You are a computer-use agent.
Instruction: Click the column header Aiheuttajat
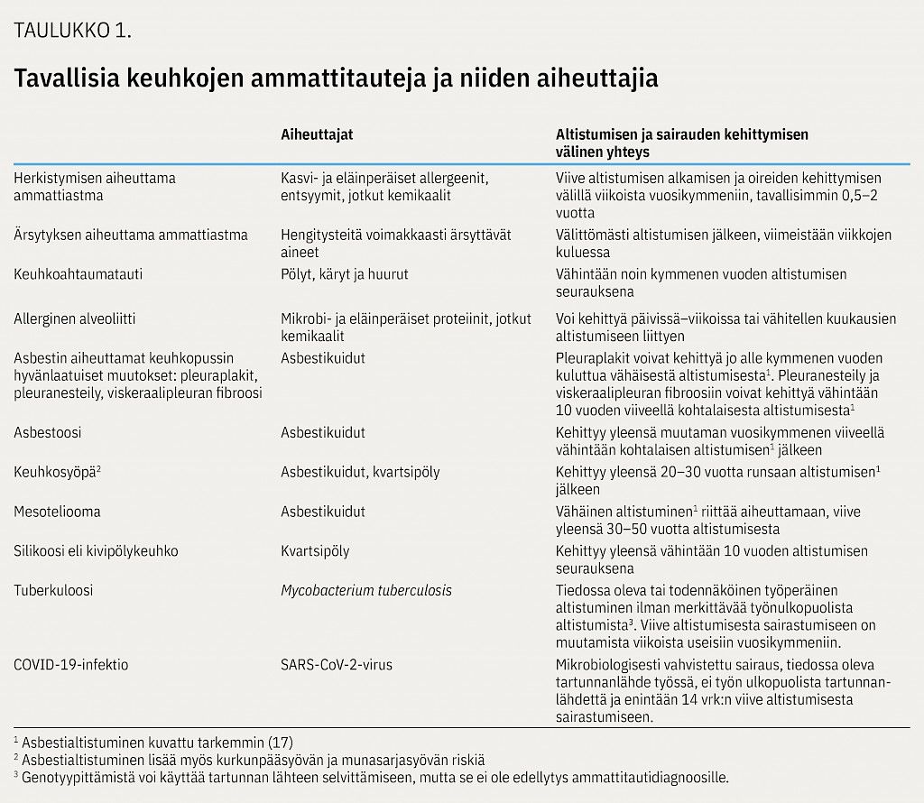click(x=317, y=134)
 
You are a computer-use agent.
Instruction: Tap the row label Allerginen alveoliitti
click(x=75, y=318)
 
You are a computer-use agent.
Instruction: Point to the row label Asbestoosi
click(x=47, y=432)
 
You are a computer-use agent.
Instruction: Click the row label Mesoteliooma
click(x=57, y=512)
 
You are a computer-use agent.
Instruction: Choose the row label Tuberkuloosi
click(x=53, y=590)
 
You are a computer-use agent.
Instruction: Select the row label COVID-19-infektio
click(x=71, y=665)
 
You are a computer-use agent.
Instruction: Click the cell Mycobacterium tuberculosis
click(x=366, y=590)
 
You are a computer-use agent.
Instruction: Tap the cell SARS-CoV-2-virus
click(x=337, y=665)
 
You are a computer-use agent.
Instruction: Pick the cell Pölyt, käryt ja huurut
click(x=345, y=273)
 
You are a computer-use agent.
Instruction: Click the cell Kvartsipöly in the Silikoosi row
click(x=315, y=550)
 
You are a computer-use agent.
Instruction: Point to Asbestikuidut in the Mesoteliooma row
click(x=323, y=512)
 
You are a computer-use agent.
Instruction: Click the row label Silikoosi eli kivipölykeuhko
click(x=96, y=550)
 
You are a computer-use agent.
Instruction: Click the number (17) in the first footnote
click(x=280, y=743)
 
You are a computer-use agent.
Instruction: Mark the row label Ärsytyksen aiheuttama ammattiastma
click(x=131, y=235)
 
